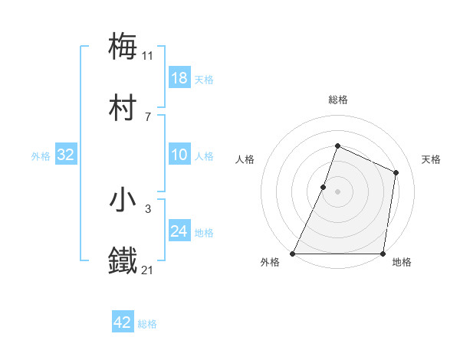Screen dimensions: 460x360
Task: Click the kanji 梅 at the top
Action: [123, 46]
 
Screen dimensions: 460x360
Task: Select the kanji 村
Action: [123, 109]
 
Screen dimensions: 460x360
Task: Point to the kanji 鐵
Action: [123, 260]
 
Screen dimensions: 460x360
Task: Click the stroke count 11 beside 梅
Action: [148, 55]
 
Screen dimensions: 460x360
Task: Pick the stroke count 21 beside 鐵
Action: [148, 270]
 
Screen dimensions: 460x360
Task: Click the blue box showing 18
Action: [179, 78]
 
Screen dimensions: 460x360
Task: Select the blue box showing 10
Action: [179, 155]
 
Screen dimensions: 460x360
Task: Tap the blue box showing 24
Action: [179, 231]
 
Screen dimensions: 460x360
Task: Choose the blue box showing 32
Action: [66, 155]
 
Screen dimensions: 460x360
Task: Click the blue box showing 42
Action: [123, 322]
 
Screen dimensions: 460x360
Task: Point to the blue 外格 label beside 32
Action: [41, 155]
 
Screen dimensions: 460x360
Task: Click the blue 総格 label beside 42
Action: [147, 324]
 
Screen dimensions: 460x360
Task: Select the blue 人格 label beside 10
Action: [204, 155]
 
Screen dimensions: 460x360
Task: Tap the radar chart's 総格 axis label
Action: [337, 100]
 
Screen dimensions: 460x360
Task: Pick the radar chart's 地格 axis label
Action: [402, 263]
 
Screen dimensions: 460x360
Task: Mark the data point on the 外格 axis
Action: [293, 254]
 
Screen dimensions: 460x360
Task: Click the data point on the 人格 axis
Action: [324, 187]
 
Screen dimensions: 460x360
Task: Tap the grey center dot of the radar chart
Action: [337, 191]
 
